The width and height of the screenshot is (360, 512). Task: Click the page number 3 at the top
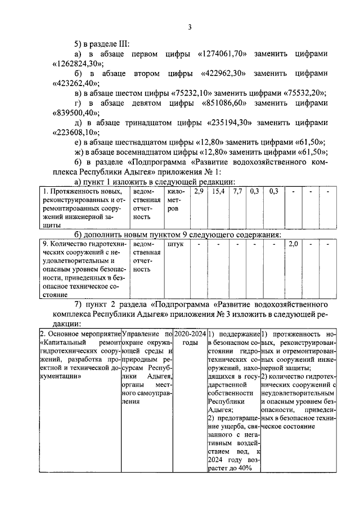pyautogui.click(x=190, y=26)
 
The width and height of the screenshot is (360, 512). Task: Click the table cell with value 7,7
pyautogui.click(x=237, y=192)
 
